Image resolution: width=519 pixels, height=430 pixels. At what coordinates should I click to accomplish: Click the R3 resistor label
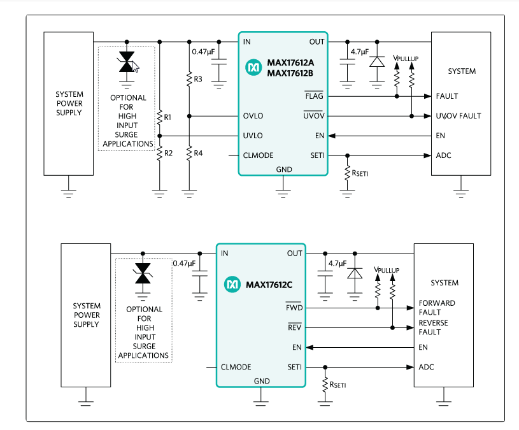pyautogui.click(x=198, y=79)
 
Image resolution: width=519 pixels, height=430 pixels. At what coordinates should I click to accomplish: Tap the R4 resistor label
pyautogui.click(x=198, y=154)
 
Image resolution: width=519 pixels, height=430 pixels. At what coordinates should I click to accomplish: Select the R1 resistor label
pyautogui.click(x=167, y=117)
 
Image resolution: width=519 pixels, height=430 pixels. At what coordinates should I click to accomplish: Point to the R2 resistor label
pyautogui.click(x=167, y=154)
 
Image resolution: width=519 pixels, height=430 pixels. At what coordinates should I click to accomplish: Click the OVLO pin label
pyautogui.click(x=253, y=116)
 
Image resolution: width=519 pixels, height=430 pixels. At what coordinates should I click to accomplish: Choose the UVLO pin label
pyautogui.click(x=253, y=136)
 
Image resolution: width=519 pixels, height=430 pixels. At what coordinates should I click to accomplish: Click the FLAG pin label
pyautogui.click(x=314, y=96)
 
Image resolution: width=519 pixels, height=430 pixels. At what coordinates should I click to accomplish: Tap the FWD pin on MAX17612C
pyautogui.click(x=294, y=308)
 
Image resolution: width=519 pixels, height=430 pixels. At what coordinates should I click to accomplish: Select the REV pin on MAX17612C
pyautogui.click(x=294, y=327)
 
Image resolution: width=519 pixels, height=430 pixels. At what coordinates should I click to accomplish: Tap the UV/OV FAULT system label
pyautogui.click(x=459, y=116)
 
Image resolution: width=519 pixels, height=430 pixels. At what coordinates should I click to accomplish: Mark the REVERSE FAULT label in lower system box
pyautogui.click(x=433, y=327)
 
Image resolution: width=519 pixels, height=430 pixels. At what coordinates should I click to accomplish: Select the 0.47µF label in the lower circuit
pyautogui.click(x=184, y=263)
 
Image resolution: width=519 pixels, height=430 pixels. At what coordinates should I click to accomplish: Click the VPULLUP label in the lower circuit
pyautogui.click(x=387, y=270)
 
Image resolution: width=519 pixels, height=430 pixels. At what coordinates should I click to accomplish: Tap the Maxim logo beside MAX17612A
pyautogui.click(x=254, y=66)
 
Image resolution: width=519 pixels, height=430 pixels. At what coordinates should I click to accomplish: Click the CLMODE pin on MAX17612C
pyautogui.click(x=236, y=367)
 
